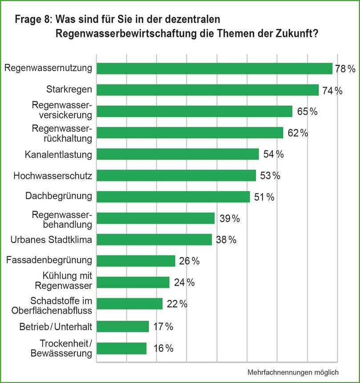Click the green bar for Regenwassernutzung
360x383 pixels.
214,69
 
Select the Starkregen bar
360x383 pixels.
207,90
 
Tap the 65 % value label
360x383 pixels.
307,112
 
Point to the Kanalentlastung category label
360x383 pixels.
58,154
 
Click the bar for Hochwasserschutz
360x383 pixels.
176,176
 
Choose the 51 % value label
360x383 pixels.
264,197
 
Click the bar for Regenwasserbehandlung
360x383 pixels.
155,218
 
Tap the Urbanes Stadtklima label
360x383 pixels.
51,240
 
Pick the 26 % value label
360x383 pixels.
189,261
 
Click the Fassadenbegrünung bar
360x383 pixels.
136,261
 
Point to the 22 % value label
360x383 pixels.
177,304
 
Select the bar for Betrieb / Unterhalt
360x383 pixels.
122,327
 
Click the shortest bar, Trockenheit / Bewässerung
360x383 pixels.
121,348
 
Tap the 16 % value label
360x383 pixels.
163,348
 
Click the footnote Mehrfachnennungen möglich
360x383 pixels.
293,372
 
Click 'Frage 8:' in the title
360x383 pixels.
32,20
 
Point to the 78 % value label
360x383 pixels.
345,69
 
